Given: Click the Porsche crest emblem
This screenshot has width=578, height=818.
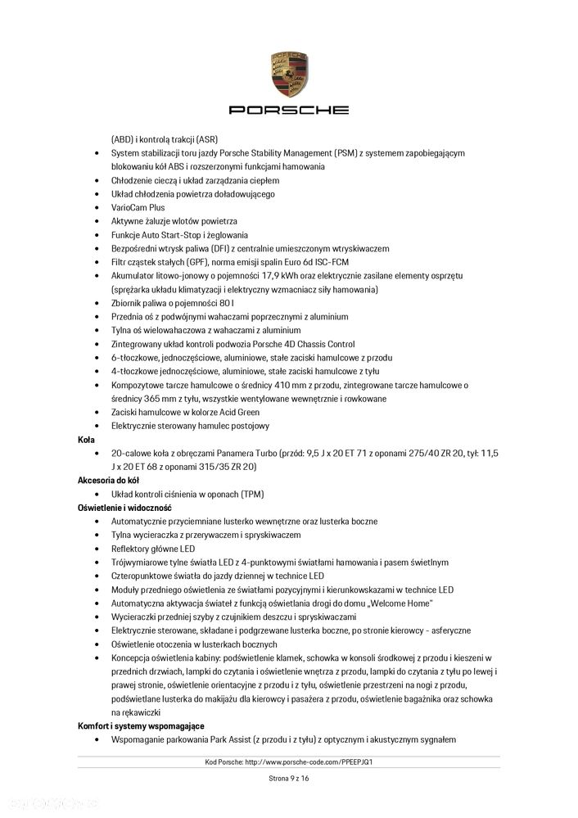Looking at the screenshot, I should (x=288, y=73).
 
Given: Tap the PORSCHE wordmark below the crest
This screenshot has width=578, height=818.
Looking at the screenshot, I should (x=288, y=110).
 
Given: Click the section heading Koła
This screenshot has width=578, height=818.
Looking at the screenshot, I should (x=86, y=440).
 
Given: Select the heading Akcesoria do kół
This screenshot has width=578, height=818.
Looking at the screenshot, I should (x=109, y=481).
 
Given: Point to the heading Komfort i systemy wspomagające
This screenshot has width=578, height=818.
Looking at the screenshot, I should (x=141, y=726).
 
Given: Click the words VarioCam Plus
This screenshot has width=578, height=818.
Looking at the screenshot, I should (x=138, y=207).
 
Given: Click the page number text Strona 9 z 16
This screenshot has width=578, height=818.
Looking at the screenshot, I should (x=288, y=779).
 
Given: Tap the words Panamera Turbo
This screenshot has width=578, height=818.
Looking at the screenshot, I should (x=246, y=453).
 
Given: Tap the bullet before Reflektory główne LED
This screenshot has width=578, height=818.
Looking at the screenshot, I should (x=97, y=549).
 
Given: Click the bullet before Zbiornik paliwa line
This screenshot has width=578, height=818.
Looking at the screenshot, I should (x=97, y=303).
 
